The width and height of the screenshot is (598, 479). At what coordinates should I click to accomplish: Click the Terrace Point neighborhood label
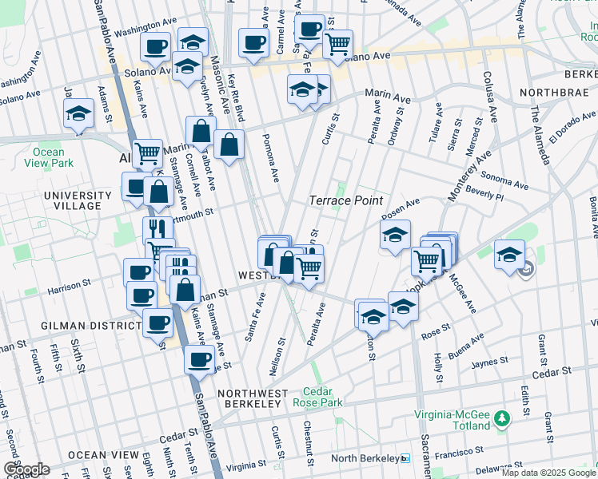346,200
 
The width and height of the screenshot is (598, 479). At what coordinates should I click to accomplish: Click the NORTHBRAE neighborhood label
553,93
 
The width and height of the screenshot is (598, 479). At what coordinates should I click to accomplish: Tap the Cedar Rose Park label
322,397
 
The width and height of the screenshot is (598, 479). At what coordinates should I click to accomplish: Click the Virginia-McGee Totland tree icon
501,418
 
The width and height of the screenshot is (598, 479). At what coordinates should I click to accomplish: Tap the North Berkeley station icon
405,458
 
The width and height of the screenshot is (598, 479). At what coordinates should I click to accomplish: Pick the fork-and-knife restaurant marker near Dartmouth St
158,230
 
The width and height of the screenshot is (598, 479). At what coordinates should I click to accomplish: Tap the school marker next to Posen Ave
395,235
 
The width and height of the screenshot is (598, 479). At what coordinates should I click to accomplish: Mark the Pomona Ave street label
269,156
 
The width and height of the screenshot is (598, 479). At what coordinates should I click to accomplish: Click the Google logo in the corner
26,469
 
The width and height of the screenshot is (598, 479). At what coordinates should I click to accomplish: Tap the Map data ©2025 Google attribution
548,473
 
